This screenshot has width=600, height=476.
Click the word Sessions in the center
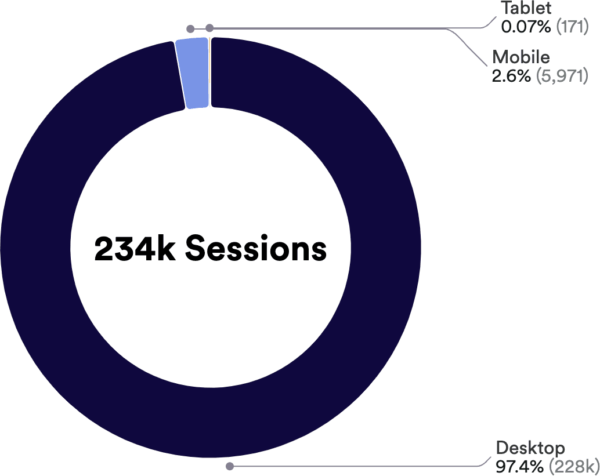click(256, 249)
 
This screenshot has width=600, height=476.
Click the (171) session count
click(572, 27)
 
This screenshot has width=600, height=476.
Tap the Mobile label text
click(521, 58)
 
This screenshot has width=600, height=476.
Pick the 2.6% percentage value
click(511, 75)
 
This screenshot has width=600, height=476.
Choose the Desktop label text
click(530, 448)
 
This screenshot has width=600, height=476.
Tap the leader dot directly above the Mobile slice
click(190, 28)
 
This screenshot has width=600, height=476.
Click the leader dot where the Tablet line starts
click(209, 27)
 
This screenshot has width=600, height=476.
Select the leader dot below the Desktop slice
click(230, 466)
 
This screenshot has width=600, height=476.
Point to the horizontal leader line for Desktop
click(348, 466)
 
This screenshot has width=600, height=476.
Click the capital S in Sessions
click(196, 249)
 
